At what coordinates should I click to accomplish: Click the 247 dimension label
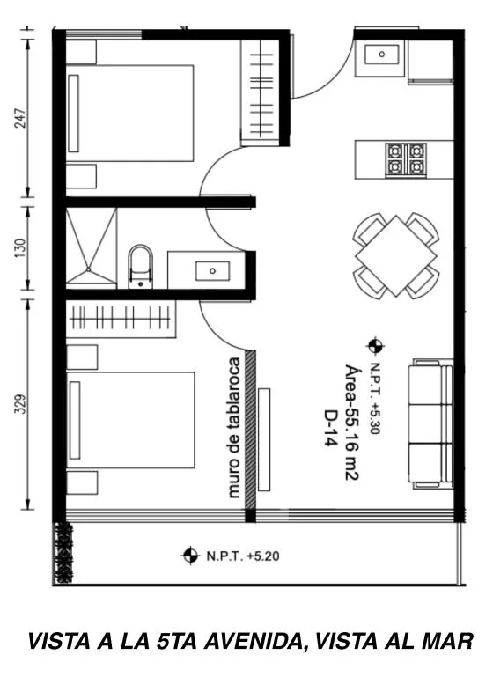pyautogui.click(x=21, y=118)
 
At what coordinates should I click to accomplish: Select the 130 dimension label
pyautogui.click(x=21, y=248)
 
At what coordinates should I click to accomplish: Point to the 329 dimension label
pyautogui.click(x=21, y=404)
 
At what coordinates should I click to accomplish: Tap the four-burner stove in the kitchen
pyautogui.click(x=406, y=159)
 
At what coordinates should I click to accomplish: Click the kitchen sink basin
pyautogui.click(x=382, y=55)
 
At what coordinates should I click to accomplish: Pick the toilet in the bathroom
pyautogui.click(x=140, y=267)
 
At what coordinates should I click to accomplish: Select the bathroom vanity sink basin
pyautogui.click(x=213, y=270)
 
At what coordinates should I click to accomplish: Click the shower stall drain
pyautogui.click(x=89, y=269)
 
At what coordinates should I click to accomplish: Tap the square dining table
pyautogui.click(x=396, y=256)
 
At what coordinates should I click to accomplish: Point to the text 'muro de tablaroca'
pyautogui.click(x=234, y=428)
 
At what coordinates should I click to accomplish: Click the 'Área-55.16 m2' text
pyautogui.click(x=351, y=423)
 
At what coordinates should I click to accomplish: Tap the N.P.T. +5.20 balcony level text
pyautogui.click(x=243, y=556)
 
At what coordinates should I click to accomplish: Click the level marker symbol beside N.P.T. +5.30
pyautogui.click(x=375, y=346)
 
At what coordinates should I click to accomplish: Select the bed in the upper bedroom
pyautogui.click(x=129, y=113)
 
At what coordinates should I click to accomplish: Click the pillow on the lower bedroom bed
pyautogui.click(x=75, y=420)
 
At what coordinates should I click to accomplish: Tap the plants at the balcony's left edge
pyautogui.click(x=63, y=553)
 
